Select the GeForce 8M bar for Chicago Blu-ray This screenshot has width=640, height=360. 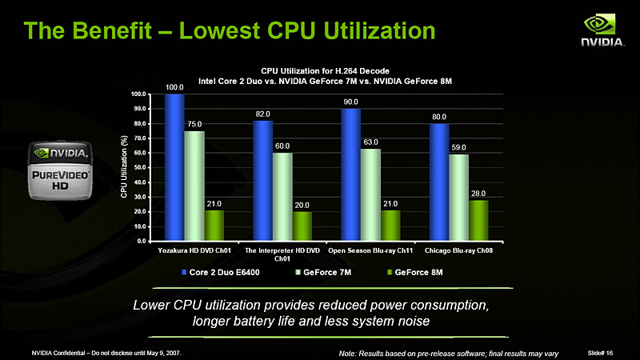(478, 220)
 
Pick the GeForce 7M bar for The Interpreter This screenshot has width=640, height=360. (282, 196)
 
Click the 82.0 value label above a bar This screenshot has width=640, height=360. (262, 114)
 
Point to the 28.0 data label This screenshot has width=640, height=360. (478, 194)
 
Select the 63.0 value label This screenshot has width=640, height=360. (371, 142)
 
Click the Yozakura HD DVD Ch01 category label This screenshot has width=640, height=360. (194, 251)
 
